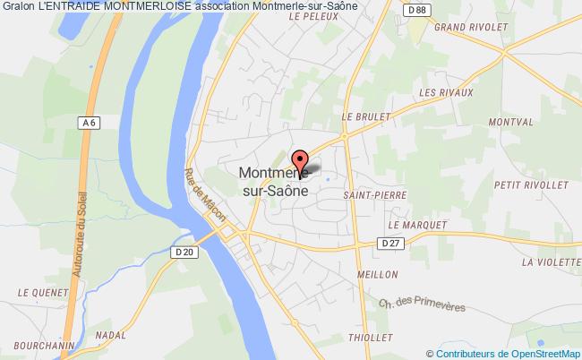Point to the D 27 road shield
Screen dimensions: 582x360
click(389, 243)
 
